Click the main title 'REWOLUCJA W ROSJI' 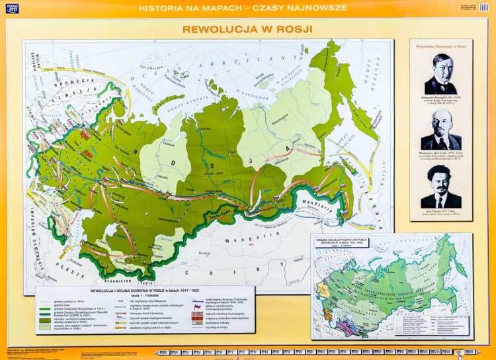tap(247, 30)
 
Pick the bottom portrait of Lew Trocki tap(441, 187)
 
